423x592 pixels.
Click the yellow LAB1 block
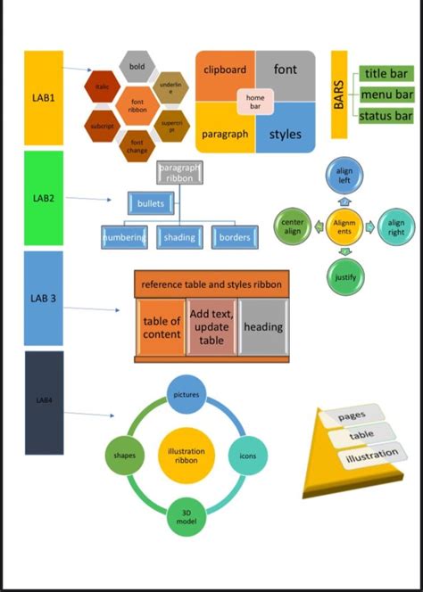click(x=44, y=97)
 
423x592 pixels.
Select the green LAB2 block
click(x=44, y=197)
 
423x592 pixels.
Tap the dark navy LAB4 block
click(x=44, y=402)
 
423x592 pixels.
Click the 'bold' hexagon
click(x=137, y=67)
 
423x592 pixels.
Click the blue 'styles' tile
click(x=286, y=134)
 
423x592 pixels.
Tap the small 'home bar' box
click(x=255, y=103)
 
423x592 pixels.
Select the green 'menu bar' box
click(x=386, y=94)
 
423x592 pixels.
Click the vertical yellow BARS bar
click(x=339, y=95)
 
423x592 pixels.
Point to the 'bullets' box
click(x=150, y=204)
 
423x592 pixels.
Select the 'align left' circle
click(x=344, y=175)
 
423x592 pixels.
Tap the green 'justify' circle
click(x=344, y=277)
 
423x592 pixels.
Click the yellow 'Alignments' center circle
click(x=344, y=226)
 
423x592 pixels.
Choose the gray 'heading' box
click(x=263, y=327)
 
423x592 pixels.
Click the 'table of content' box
click(x=162, y=327)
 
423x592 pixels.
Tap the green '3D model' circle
click(x=187, y=518)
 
